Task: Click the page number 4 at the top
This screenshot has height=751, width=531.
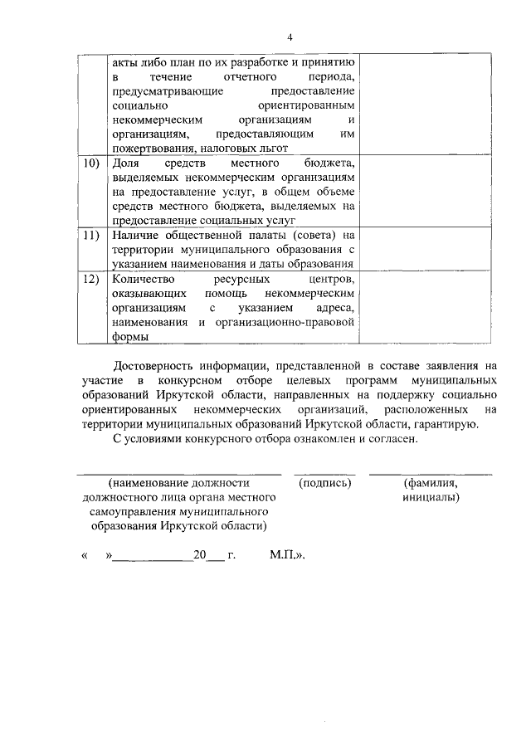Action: pyautogui.click(x=290, y=37)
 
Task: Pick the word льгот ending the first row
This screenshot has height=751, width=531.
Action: pyautogui.click(x=271, y=148)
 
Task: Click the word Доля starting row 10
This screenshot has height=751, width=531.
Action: pyautogui.click(x=124, y=163)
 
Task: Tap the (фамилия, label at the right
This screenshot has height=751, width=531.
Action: pyautogui.click(x=431, y=482)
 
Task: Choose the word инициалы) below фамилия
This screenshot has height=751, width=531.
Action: pyautogui.click(x=431, y=497)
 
